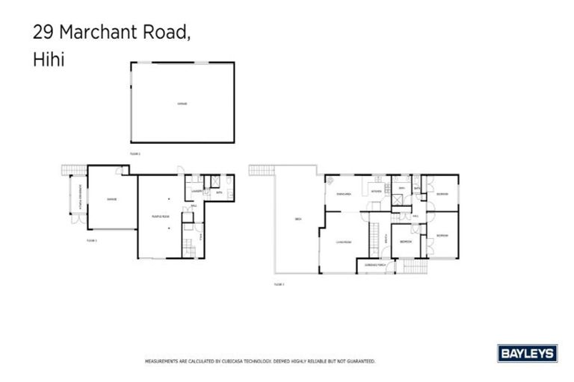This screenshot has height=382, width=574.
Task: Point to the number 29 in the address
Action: point(43,33)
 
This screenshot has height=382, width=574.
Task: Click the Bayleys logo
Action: point(526,353)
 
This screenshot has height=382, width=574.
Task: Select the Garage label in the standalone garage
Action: point(182,104)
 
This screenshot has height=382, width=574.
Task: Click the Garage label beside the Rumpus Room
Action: point(111,199)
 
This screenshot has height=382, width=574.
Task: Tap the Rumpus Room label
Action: point(160,216)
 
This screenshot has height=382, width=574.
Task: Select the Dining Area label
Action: point(344,194)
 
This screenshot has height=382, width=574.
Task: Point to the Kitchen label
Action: point(377,192)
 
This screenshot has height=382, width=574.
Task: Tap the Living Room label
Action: point(344,241)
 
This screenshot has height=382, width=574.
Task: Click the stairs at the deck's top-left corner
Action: point(261,170)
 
